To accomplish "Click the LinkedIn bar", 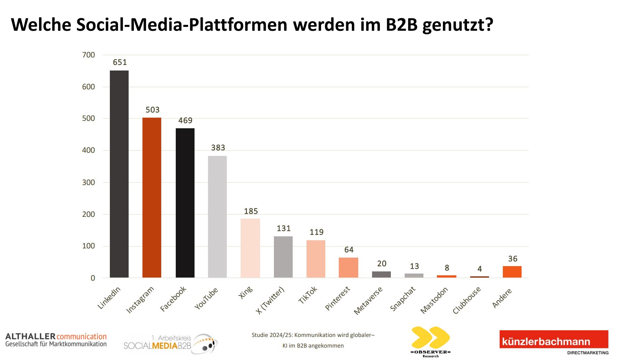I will (x=119, y=174).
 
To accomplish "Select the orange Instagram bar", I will (x=152, y=197).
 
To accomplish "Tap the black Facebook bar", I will (x=185, y=203).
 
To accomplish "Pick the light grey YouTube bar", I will (x=217, y=216).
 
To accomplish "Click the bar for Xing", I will (x=250, y=248).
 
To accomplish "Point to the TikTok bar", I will (x=316, y=259).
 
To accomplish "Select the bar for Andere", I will (x=512, y=272).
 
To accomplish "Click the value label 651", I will (x=120, y=62).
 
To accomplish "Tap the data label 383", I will (x=218, y=148).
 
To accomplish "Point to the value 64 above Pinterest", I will (x=349, y=250).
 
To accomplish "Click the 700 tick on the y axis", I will (x=89, y=55).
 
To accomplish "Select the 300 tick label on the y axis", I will (x=89, y=182).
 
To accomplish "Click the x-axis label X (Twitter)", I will (x=270, y=300).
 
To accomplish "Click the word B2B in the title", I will (x=401, y=25).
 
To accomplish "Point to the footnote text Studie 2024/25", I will (x=272, y=335).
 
